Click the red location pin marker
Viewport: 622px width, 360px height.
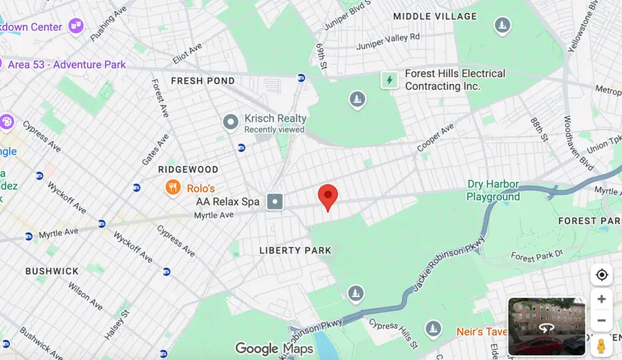328,196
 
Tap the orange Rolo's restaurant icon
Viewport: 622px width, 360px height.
173,187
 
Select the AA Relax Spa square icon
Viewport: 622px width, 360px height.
275,202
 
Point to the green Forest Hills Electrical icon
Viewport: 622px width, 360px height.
390,79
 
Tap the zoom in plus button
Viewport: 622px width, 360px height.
601,299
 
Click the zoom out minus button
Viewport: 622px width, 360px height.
601,321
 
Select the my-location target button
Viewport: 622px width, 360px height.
601,275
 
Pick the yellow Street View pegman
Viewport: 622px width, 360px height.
601,345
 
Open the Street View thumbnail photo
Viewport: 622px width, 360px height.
546,326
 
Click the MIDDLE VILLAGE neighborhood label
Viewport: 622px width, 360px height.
435,16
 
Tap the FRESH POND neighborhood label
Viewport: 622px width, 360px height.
202,81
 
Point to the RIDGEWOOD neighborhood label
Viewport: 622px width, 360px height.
188,169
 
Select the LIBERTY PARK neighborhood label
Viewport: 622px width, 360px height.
295,250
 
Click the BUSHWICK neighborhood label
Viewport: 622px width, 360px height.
52,271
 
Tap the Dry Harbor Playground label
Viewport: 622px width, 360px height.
493,190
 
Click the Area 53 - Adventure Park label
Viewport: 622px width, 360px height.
67,64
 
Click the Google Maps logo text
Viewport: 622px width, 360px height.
274,349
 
